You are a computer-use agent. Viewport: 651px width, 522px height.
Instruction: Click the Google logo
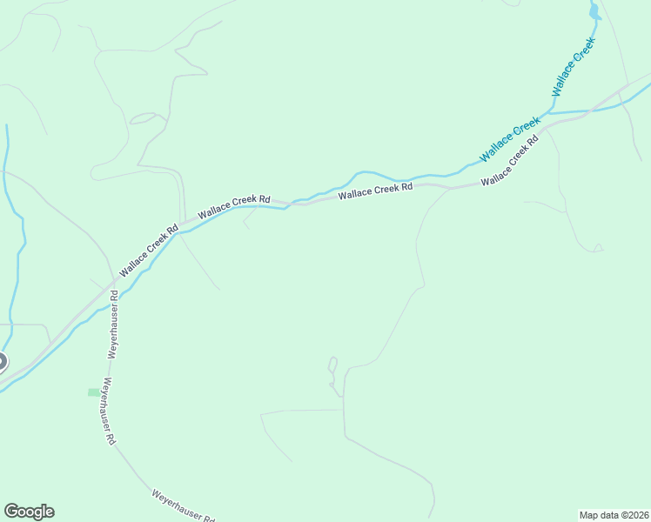(29, 512)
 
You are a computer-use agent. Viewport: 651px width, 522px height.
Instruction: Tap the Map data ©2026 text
(614, 514)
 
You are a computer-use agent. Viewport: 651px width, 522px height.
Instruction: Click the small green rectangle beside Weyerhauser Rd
(93, 392)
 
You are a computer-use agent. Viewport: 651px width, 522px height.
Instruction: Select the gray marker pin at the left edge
(2, 362)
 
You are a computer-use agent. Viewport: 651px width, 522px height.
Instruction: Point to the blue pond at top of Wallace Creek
(594, 11)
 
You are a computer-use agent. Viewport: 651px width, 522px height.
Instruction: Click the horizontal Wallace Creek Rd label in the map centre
(375, 191)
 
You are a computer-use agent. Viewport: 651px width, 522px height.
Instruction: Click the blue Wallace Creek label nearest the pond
(574, 68)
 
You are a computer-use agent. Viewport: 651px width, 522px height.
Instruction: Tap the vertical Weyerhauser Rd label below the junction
(113, 325)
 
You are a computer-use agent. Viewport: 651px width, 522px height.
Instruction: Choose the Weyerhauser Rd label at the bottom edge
(183, 505)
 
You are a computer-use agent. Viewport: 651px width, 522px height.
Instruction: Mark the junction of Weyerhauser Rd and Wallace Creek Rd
(113, 285)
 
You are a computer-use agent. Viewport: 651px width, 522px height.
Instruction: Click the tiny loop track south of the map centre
(332, 364)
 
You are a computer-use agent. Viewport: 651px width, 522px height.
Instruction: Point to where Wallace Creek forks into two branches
(550, 112)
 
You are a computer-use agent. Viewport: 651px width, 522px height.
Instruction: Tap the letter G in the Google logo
(11, 512)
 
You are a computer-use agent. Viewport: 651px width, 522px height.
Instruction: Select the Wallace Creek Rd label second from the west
(233, 206)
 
